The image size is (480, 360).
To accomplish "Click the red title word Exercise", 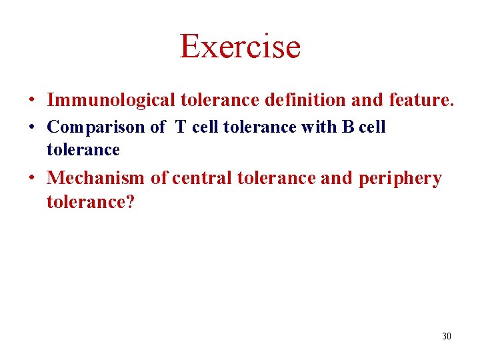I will coord(240,46).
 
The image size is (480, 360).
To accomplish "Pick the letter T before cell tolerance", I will coord(181,127).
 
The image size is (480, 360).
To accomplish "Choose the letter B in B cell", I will coord(347,127).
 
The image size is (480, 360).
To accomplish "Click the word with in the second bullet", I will coord(319,127).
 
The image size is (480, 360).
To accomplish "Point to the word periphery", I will coord(400,179).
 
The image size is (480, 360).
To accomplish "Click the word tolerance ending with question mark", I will coord(90,201).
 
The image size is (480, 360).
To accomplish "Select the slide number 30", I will coord(446,336).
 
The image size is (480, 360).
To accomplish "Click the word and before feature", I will coord(365,101).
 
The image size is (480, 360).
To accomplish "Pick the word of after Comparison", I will coord(158,127).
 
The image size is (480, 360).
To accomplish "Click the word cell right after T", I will coord(205,127).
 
